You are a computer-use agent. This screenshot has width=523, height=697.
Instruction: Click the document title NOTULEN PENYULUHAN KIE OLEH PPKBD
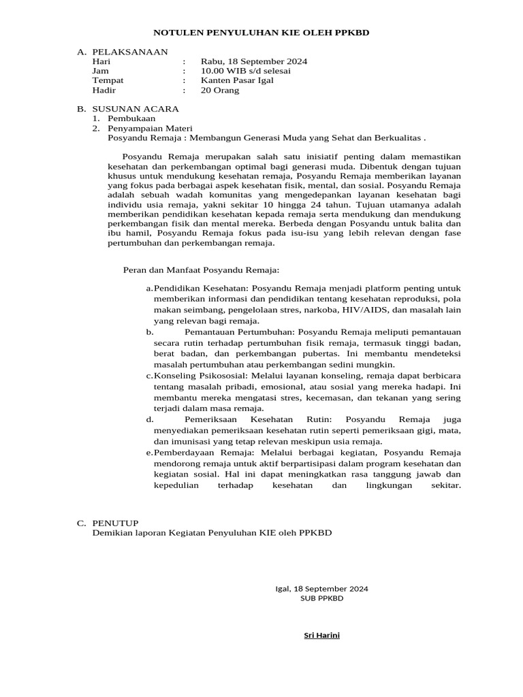point(261,32)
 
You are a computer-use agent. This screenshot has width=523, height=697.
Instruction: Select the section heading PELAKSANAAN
point(130,52)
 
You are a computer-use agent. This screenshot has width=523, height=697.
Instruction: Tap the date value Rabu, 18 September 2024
point(253,61)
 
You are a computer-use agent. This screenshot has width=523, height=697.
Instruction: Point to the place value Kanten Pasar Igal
point(237,80)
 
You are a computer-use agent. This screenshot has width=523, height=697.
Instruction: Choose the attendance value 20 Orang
point(220,90)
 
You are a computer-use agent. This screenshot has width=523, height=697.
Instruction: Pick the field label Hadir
point(104,90)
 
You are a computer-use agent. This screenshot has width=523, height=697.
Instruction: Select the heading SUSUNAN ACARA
point(136,109)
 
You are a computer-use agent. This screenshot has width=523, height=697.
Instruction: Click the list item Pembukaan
point(131,118)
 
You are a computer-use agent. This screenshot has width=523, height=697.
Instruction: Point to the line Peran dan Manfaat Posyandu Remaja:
point(201,270)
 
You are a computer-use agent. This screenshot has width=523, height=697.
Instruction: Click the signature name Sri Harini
point(321,636)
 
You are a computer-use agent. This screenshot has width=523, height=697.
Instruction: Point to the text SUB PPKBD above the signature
point(321,598)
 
